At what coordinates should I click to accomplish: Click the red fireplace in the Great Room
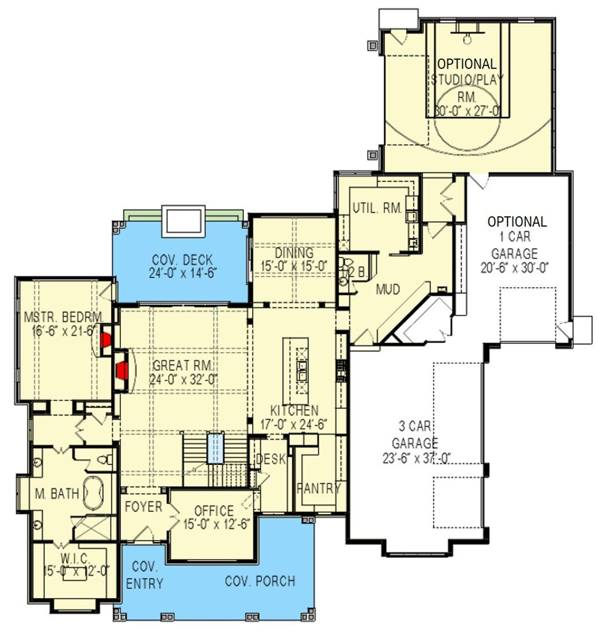pos(122,371)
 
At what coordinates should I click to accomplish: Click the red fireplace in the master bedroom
pos(105,340)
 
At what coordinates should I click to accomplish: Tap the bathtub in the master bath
pos(93,493)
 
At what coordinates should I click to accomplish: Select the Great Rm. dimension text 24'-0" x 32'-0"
pos(183,380)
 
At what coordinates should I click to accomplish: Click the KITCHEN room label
pos(294,411)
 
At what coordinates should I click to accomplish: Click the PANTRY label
pos(319,489)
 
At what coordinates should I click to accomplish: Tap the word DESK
pos(271,459)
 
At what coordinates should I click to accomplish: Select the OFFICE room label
pos(214,511)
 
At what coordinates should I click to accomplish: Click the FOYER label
pos(143,507)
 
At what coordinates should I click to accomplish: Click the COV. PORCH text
pos(260,581)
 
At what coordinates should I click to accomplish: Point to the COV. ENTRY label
pos(145,575)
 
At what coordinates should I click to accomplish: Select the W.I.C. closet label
pos(75,557)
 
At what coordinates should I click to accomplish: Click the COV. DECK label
pos(182,260)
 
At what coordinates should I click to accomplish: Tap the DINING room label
pos(294,253)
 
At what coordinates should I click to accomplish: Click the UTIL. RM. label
pos(377,208)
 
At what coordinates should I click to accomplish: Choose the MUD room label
pos(388,290)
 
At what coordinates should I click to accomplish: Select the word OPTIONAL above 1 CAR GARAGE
pos(517,221)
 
